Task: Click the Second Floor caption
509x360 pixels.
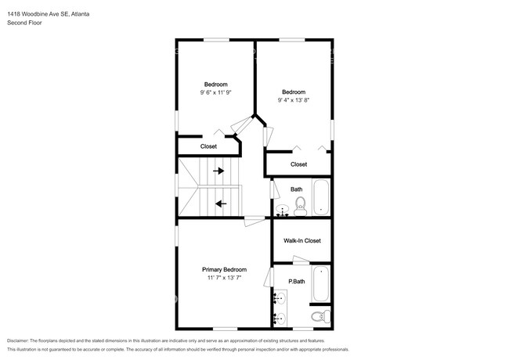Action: coord(26,23)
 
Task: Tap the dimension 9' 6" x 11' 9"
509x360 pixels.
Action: coord(215,92)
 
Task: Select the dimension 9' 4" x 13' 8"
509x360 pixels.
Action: coord(293,99)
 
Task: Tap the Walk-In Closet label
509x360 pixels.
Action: coord(302,241)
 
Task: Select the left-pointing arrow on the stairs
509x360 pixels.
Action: coord(221,203)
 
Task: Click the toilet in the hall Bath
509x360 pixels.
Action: coord(299,205)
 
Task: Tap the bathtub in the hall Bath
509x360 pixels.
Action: coord(321,197)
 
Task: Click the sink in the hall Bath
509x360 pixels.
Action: coord(282,210)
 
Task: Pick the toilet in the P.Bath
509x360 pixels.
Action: coord(319,316)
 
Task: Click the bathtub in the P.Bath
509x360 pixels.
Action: coord(321,285)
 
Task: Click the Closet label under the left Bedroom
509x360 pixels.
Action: coord(208,146)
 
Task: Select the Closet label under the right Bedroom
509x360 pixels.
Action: coord(298,164)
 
